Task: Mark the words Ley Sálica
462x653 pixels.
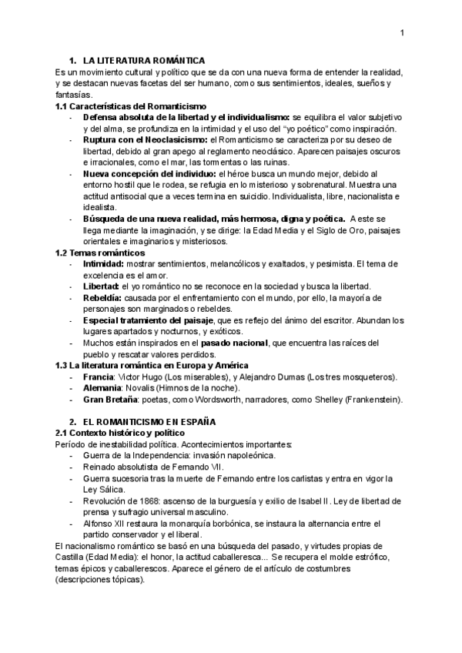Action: pyautogui.click(x=105, y=489)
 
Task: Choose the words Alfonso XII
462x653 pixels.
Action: pyautogui.click(x=105, y=523)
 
